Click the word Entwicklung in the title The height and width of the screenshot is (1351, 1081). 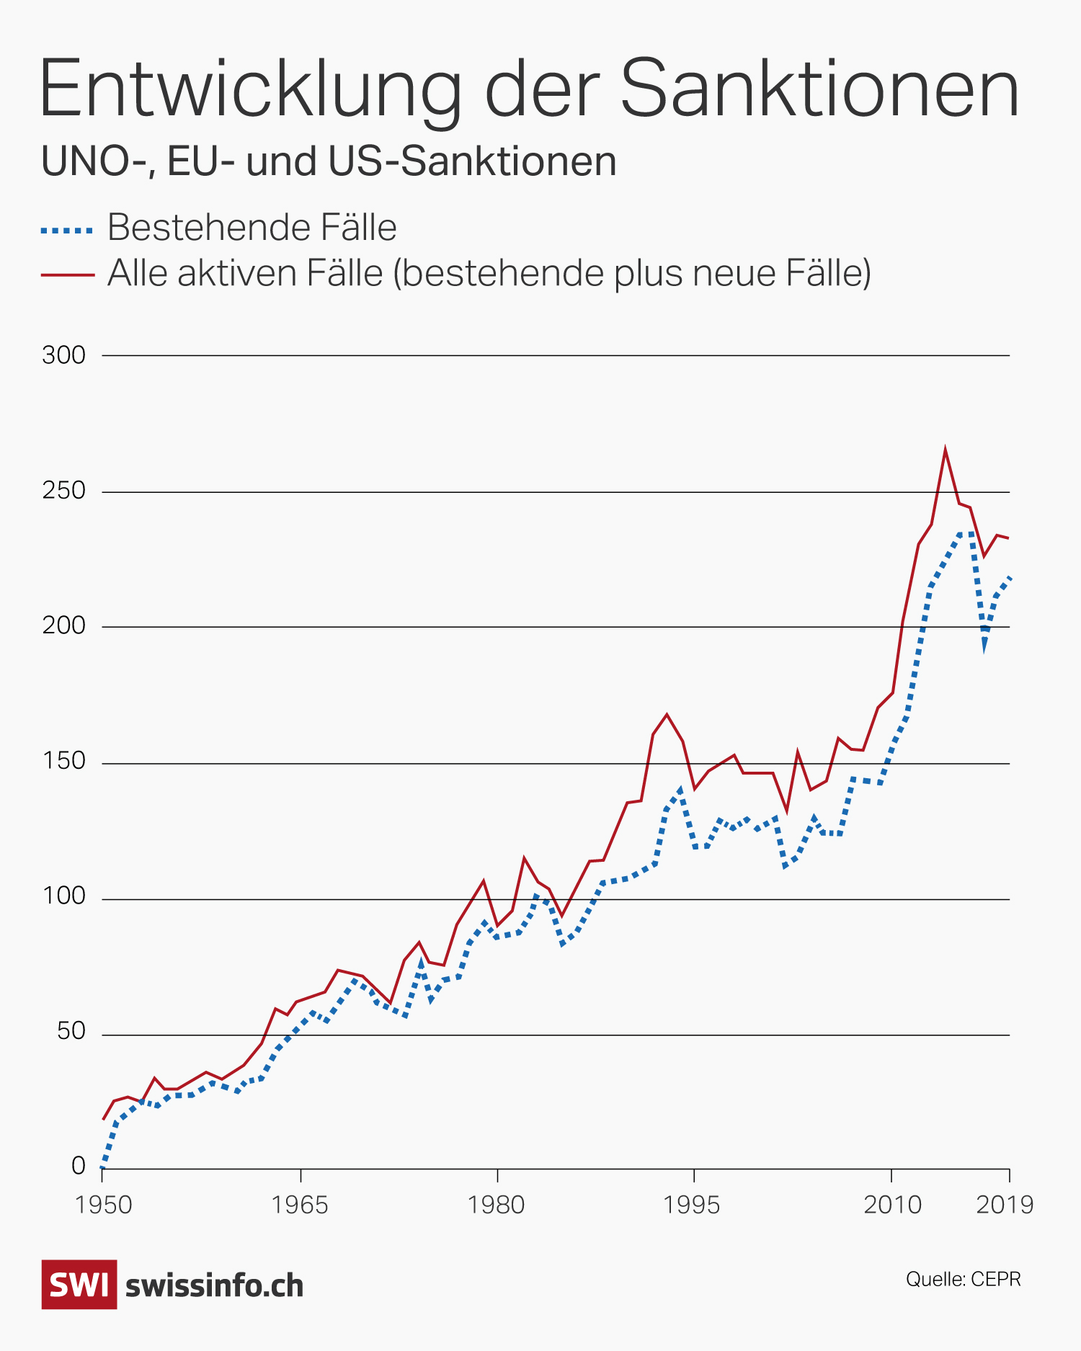[x=249, y=89]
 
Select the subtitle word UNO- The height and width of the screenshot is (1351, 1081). [x=98, y=161]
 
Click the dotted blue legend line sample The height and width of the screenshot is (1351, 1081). [x=68, y=230]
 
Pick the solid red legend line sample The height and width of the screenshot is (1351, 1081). [x=68, y=275]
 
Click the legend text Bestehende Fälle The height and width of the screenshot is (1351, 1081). [x=252, y=228]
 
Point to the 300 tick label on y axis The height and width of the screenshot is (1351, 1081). [x=63, y=355]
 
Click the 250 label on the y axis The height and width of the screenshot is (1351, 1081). [x=63, y=491]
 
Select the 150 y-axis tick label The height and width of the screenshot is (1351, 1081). [x=63, y=762]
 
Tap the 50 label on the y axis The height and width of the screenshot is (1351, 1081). [x=71, y=1033]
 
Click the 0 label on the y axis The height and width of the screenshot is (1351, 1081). [x=79, y=1166]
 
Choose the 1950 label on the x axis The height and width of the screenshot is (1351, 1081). [x=103, y=1205]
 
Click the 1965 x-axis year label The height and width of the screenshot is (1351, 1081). [x=300, y=1205]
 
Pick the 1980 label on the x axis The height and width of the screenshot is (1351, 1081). [x=497, y=1205]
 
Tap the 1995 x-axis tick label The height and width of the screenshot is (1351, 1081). [x=693, y=1205]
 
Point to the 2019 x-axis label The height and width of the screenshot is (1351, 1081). [x=1005, y=1205]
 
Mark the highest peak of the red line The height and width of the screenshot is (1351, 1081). [x=945, y=450]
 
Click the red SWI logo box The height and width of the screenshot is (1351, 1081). [x=79, y=1285]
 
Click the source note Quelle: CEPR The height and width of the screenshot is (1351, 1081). [x=963, y=1279]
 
